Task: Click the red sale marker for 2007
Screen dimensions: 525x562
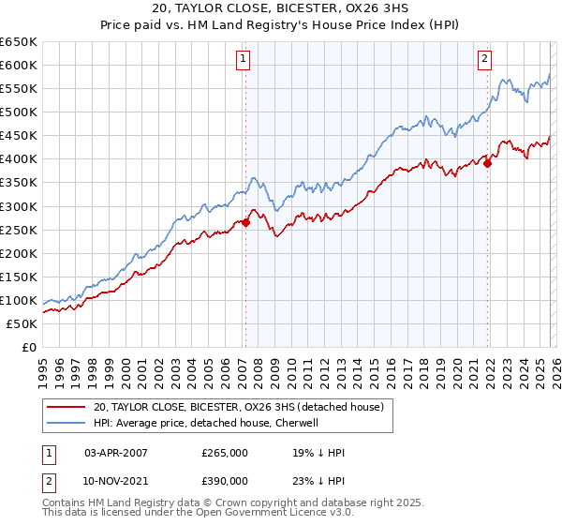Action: (245, 222)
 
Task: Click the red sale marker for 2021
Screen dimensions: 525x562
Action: (488, 163)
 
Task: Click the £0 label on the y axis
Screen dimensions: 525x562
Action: (28, 348)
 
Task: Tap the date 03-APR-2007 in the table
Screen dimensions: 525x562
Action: (116, 452)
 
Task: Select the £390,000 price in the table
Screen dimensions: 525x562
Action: (225, 480)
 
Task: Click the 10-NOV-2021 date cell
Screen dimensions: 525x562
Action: (116, 480)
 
